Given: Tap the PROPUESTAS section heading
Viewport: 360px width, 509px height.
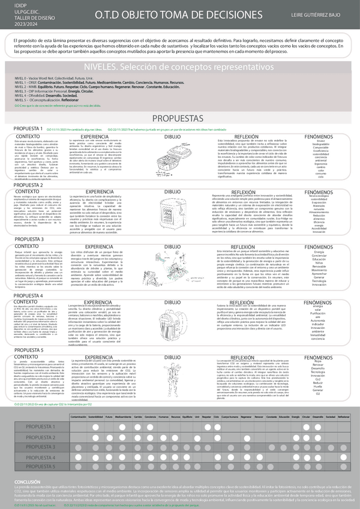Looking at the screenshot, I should [179, 118].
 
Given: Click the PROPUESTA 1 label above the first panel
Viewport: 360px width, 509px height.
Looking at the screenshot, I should [28, 128].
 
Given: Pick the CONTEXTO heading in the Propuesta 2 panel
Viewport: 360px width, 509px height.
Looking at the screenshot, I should [26, 191].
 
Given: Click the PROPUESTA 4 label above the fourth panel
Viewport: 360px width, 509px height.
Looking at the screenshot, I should [28, 296].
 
